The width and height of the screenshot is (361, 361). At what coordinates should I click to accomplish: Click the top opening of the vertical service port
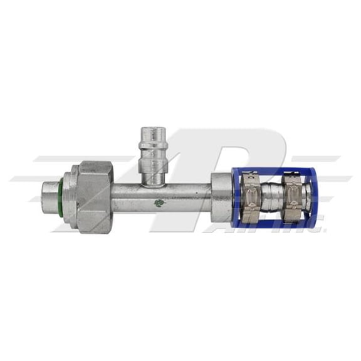[x=153, y=130]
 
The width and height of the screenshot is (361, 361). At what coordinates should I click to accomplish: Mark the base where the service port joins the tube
[x=152, y=182]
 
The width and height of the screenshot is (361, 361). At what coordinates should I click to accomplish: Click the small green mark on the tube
[x=159, y=203]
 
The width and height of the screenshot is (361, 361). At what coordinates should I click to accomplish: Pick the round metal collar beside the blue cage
[x=221, y=197]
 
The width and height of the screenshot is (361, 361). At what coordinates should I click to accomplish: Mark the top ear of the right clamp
[x=292, y=176]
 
